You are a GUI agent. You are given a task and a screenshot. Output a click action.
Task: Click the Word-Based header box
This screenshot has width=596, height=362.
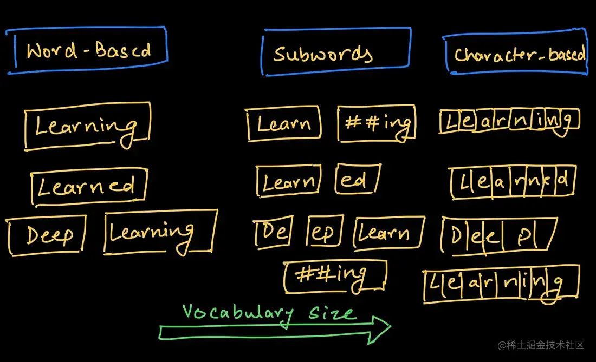[87, 50]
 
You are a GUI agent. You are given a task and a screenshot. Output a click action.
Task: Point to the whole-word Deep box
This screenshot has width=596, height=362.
[48, 236]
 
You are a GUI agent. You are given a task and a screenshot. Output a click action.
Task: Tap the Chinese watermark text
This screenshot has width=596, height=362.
[542, 345]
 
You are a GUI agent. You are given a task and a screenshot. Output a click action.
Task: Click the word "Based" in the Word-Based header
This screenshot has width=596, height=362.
[123, 50]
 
